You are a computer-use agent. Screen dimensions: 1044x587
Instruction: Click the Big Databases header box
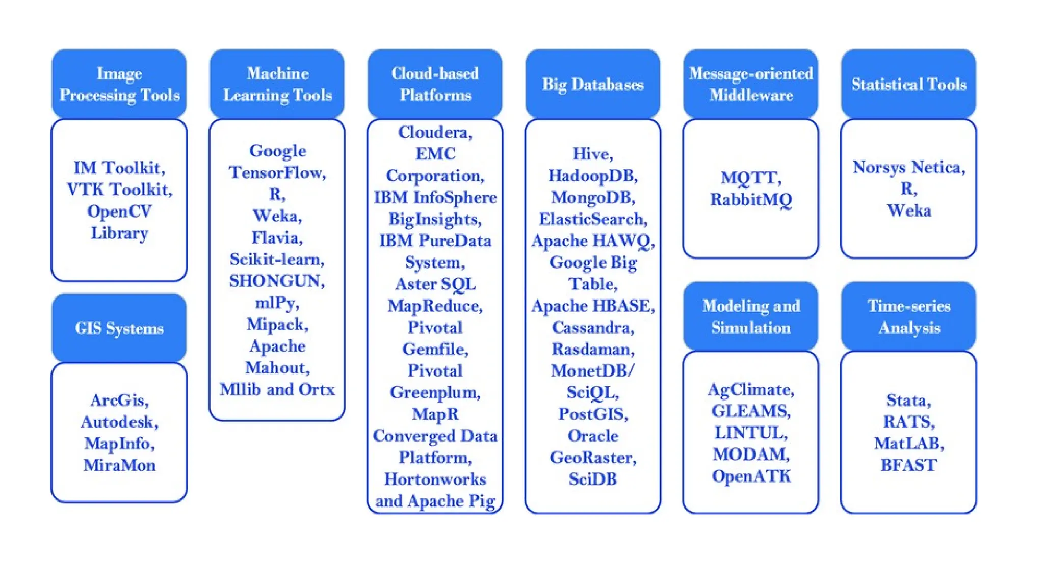[x=592, y=84]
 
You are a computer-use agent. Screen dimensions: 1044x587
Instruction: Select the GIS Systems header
[x=119, y=328]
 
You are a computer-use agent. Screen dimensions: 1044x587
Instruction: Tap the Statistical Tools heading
[x=908, y=84]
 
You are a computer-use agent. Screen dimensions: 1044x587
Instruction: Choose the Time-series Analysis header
[x=908, y=316]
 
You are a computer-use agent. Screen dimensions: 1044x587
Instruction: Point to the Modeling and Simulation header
[x=750, y=316]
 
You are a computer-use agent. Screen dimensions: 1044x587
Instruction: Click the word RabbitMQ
[x=751, y=199]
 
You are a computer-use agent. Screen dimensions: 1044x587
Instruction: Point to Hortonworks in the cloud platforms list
[x=435, y=479]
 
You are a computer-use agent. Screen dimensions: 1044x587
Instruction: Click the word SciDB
[x=592, y=479]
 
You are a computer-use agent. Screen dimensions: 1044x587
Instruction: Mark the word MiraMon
[x=119, y=465]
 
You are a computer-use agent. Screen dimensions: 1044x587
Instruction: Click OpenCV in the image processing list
[x=119, y=211]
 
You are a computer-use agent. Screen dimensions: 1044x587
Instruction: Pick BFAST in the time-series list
[x=908, y=465]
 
